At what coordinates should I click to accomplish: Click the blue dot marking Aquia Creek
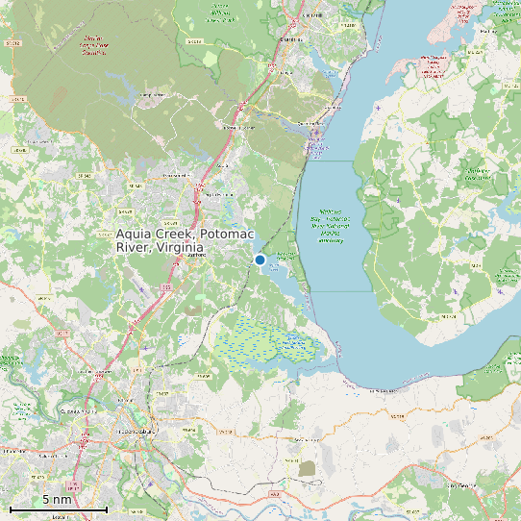pyautogui.click(x=260, y=260)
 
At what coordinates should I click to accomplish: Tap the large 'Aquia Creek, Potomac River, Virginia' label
pyautogui.click(x=159, y=240)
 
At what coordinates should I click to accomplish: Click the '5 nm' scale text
pyautogui.click(x=57, y=500)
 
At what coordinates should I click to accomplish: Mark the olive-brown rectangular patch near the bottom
pyautogui.click(x=308, y=468)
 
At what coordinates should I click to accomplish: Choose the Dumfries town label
pyautogui.click(x=288, y=39)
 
